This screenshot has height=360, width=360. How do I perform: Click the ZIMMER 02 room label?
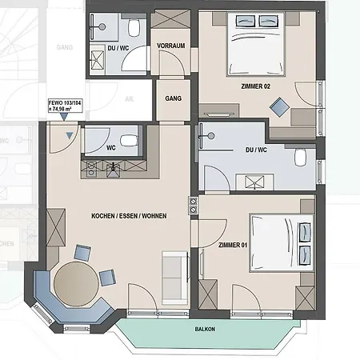[255, 86]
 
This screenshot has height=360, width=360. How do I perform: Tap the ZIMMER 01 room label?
[233, 245]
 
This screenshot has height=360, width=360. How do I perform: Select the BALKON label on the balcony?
[205, 329]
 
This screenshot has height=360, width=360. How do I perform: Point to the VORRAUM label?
[171, 46]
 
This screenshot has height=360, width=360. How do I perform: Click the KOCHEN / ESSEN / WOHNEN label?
[129, 216]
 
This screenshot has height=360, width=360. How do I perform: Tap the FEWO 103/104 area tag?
[65, 106]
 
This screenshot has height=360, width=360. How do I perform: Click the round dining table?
[76, 284]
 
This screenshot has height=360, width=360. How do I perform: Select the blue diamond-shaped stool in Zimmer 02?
[279, 107]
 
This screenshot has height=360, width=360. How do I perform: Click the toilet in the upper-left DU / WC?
[134, 27]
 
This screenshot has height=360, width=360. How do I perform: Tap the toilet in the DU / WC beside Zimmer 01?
[300, 158]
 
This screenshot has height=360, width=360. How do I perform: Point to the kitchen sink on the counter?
[113, 170]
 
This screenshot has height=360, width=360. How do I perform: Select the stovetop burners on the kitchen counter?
[91, 170]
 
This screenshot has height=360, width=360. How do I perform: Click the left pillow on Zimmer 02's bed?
[246, 21]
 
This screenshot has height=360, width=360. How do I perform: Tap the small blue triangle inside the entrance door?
[70, 135]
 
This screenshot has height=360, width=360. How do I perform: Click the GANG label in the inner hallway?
[174, 98]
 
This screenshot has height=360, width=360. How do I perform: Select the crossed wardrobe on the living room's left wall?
[56, 227]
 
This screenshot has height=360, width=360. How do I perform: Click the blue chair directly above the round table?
[82, 253]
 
